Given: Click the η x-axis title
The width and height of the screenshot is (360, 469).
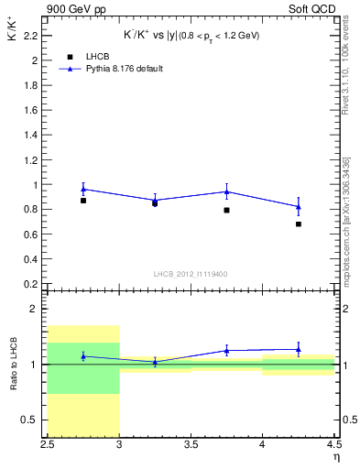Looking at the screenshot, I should pos(335,455).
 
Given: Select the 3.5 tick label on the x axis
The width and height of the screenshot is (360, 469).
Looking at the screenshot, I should pos(191,446).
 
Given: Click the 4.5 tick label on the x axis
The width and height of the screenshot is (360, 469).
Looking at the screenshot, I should pos(333,446).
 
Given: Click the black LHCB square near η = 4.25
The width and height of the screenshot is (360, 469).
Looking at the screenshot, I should pos(299,224).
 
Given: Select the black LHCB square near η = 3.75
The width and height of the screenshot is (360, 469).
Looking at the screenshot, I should pos(227,210).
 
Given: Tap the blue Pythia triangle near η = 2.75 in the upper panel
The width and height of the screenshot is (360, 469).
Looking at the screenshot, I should pos(83,189).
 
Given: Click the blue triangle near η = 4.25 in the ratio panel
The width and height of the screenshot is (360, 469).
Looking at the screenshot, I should pos(299,349).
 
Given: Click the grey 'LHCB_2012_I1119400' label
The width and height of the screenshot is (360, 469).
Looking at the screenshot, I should pos(191,273).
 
